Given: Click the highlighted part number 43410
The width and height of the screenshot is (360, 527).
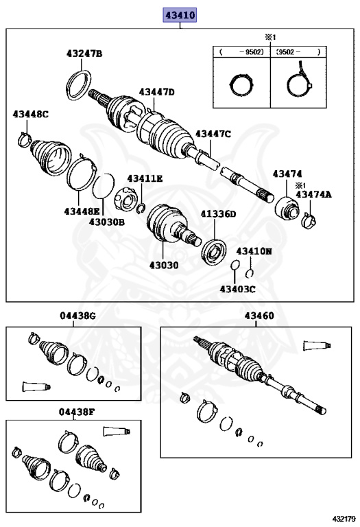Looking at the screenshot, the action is (180, 15).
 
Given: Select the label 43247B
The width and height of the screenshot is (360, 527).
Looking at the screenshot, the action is (84, 54).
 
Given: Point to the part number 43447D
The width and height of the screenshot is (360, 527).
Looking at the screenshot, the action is (157, 92).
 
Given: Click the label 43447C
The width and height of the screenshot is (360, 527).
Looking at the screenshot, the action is (213, 134).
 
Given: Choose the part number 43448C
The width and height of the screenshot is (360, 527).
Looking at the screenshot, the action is (31, 115).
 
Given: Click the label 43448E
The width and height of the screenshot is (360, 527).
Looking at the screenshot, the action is (82, 211).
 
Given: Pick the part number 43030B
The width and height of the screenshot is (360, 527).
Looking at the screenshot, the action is (107, 222).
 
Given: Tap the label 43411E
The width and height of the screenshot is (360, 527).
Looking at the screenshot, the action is (145, 179).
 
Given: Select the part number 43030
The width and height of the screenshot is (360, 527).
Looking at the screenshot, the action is (164, 265).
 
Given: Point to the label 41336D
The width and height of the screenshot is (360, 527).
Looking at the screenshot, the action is (218, 214).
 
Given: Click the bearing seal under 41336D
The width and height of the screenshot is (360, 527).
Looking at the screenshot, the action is (213, 252).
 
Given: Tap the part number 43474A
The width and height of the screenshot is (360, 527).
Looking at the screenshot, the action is (313, 194).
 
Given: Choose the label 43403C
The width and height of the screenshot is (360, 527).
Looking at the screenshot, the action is (237, 289).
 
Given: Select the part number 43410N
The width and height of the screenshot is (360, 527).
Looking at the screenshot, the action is (254, 251).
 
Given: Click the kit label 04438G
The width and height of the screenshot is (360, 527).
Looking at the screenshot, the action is (78, 316).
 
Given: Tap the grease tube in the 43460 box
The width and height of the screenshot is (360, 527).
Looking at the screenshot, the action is (317, 346).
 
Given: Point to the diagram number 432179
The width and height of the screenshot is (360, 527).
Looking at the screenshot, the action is (344, 519).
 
